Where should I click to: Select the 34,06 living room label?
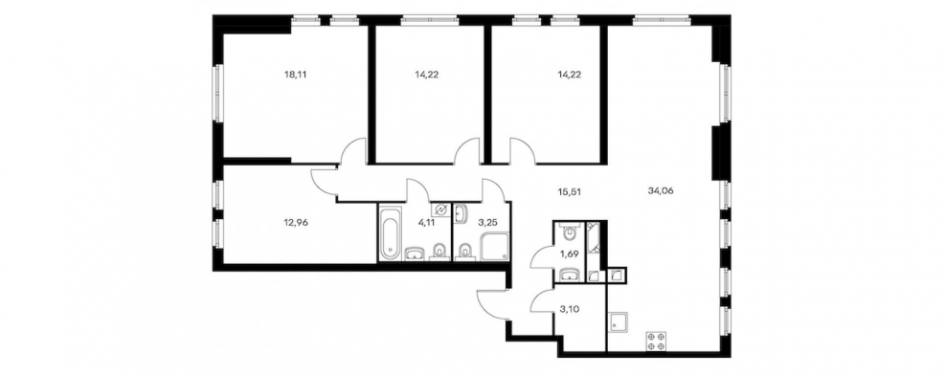coord(660,190)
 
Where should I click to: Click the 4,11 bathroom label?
coord(425,221)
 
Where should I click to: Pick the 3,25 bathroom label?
coord(486,221)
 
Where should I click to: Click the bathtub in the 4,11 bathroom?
coord(390,232)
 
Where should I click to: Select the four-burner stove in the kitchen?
coord(655,341)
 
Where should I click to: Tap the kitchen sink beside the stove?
coord(619,322)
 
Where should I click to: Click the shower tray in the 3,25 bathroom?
coord(493,248)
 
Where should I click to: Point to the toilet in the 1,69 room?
coord(570,232)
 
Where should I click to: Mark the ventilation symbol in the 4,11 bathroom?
coord(440,210)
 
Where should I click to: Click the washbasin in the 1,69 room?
coord(569,276)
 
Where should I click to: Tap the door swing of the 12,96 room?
coord(325,181)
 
